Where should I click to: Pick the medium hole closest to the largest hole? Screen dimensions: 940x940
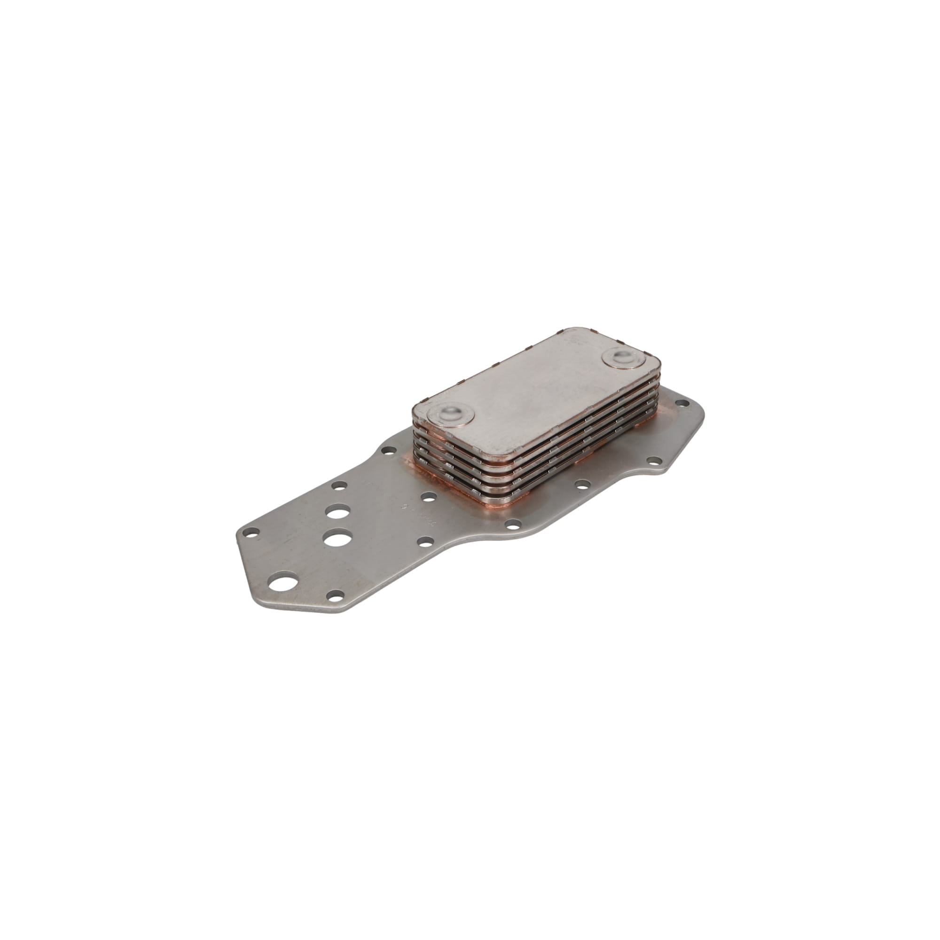(x=336, y=539)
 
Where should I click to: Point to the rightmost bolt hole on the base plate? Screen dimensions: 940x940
(x=682, y=416)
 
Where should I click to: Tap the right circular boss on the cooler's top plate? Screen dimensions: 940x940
(x=624, y=359)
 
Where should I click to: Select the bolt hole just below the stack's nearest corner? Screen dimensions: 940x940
(x=513, y=525)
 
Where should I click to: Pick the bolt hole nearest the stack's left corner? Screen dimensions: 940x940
(x=387, y=451)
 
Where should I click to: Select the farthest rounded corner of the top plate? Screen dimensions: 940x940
(x=569, y=329)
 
